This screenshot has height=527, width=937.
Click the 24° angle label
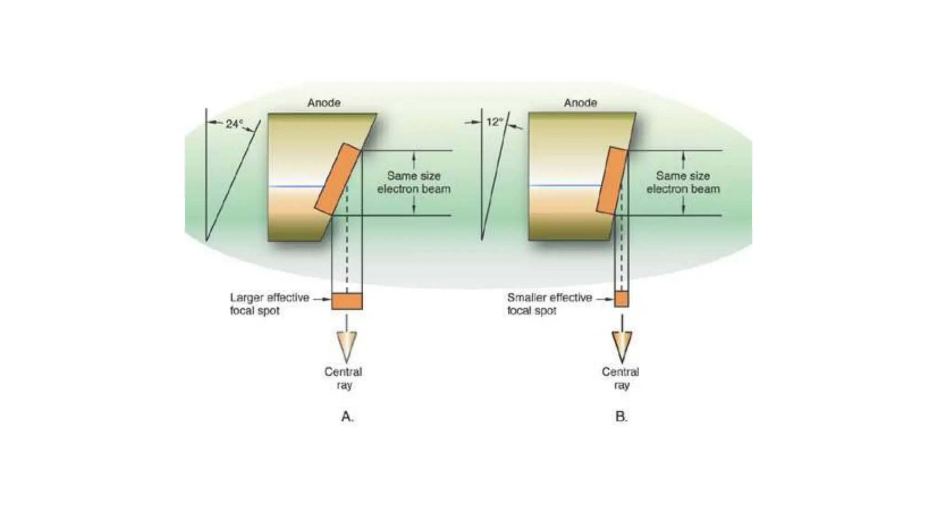[x=234, y=124]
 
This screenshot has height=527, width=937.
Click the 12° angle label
[x=495, y=122]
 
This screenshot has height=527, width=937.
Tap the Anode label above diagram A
[x=323, y=103]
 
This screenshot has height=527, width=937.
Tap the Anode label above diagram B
[x=580, y=103]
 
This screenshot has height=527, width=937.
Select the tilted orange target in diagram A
[x=338, y=179]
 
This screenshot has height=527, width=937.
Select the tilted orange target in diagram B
[x=612, y=180]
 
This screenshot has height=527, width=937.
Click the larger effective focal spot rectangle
[x=347, y=301]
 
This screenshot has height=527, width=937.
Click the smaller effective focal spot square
[x=621, y=299]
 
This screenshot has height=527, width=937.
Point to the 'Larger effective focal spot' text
[x=269, y=304]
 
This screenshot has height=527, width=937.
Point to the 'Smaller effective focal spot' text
[x=549, y=304]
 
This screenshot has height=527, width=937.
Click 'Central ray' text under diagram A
[x=343, y=378]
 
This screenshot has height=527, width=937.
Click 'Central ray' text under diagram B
[x=620, y=378]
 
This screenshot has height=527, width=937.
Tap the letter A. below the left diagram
[x=347, y=416]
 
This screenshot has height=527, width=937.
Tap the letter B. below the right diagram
[x=621, y=416]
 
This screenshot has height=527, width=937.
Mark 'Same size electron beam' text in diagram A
[x=414, y=183]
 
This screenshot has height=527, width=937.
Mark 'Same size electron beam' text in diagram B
[x=683, y=183]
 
